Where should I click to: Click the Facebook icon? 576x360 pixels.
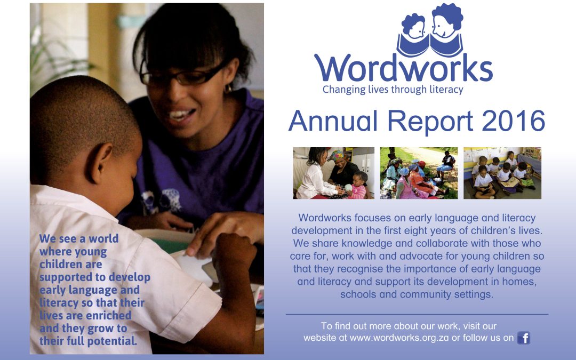click(524, 338)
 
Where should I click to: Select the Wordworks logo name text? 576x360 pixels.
click(403, 68)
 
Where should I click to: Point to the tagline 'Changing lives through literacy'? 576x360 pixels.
click(393, 90)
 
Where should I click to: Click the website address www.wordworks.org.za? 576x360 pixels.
click(399, 338)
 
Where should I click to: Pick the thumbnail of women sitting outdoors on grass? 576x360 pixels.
click(419, 173)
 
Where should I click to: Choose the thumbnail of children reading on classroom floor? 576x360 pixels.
click(502, 173)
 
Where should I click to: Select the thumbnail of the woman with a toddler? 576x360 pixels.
click(333, 173)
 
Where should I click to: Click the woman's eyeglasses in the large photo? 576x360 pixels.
click(182, 76)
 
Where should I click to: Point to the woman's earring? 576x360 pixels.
click(228, 88)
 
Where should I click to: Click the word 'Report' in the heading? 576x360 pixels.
click(430, 122)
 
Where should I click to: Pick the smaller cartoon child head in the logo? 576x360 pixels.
click(414, 27)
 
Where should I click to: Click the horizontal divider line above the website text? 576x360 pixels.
click(417, 315)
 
